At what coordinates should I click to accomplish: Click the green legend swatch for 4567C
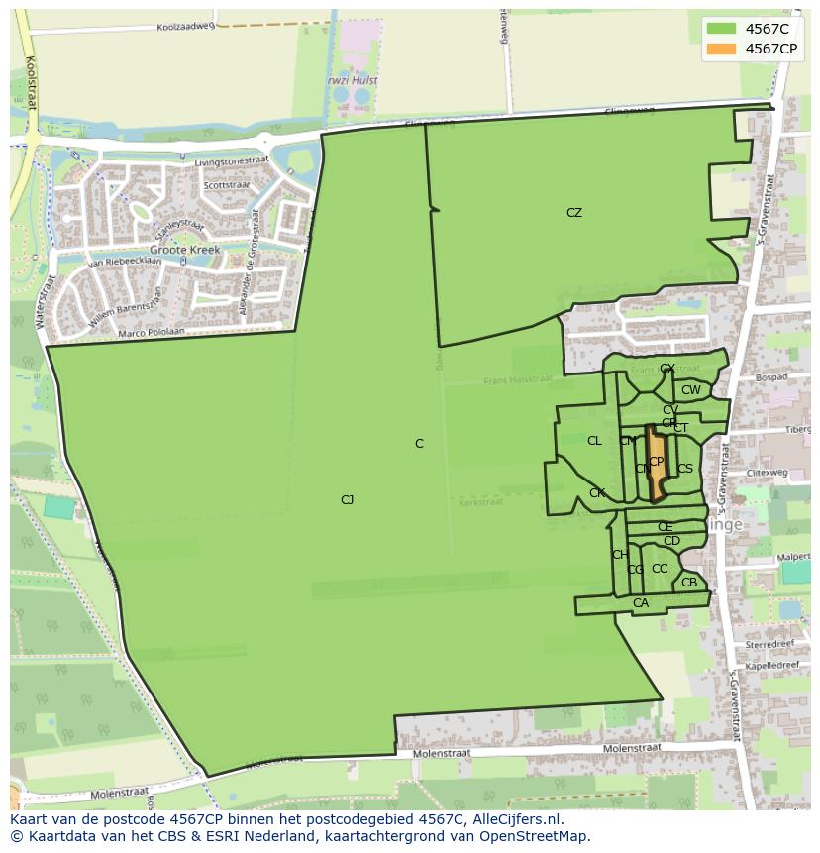pyautogui.click(x=722, y=29)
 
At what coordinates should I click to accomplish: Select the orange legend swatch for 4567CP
pyautogui.click(x=722, y=49)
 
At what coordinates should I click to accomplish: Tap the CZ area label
pyautogui.click(x=574, y=213)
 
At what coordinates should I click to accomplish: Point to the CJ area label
pyautogui.click(x=347, y=500)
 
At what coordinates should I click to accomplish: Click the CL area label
pyautogui.click(x=594, y=441)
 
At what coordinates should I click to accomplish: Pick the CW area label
pyautogui.click(x=690, y=390)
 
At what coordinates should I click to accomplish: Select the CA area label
pyautogui.click(x=641, y=603)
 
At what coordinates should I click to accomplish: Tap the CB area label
pyautogui.click(x=689, y=583)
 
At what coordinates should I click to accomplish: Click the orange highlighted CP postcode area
pyautogui.click(x=656, y=466)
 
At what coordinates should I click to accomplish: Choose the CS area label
pyautogui.click(x=685, y=469)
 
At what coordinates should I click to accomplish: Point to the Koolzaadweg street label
pyautogui.click(x=185, y=27)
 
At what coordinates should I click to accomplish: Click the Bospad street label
pyautogui.click(x=769, y=377)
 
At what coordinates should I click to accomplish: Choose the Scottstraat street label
pyautogui.click(x=226, y=185)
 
